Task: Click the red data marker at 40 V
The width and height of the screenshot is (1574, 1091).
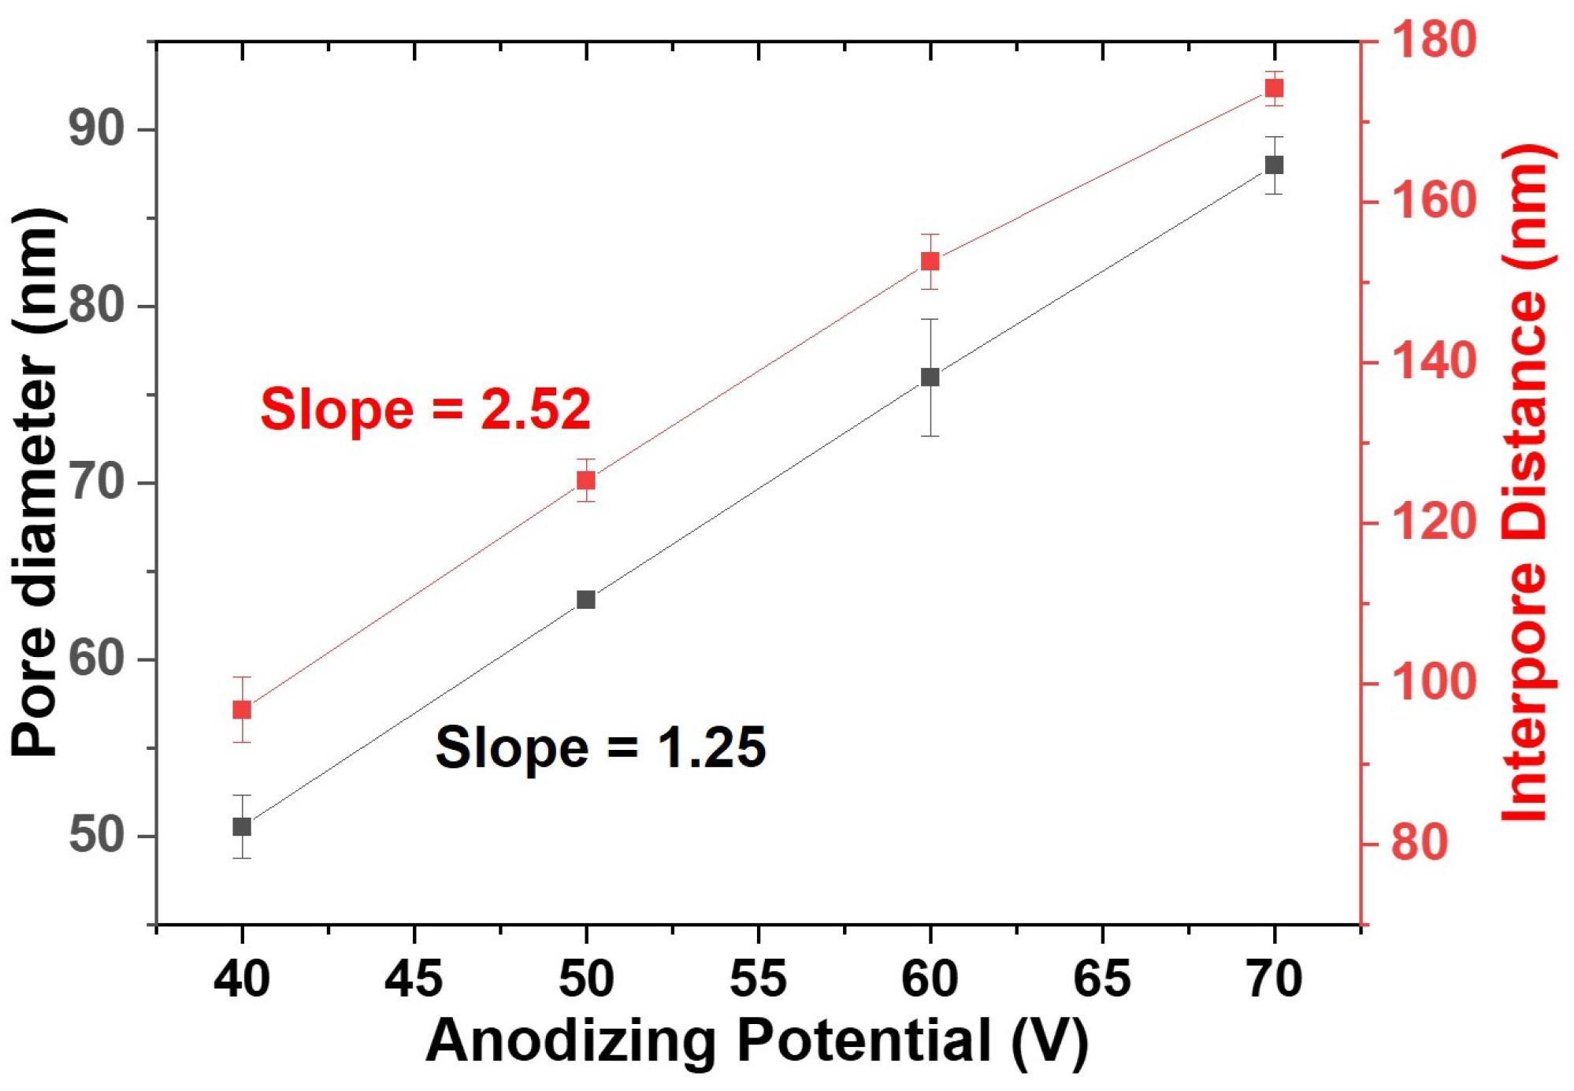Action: [x=242, y=710]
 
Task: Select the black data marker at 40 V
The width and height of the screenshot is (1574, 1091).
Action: [x=242, y=826]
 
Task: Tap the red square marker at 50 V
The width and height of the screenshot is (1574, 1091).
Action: [x=585, y=480]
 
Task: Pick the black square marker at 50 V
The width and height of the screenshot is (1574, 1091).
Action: [x=585, y=599]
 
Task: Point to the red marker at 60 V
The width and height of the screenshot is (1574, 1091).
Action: [x=930, y=261]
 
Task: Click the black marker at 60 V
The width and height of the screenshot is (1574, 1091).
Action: [x=930, y=377]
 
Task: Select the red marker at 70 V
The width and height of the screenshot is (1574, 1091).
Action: [x=1274, y=87]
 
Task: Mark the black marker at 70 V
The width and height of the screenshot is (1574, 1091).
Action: [x=1274, y=165]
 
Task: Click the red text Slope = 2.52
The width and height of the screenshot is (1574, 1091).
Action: [x=425, y=410]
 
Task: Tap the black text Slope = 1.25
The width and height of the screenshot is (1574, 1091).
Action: [x=600, y=748]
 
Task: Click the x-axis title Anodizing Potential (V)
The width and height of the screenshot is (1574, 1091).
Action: [x=756, y=1041]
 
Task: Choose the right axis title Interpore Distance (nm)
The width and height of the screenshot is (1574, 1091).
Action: [x=1527, y=482]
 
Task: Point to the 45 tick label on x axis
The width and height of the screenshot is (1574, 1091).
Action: [x=414, y=979]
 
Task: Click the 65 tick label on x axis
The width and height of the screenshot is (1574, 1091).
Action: [x=1101, y=979]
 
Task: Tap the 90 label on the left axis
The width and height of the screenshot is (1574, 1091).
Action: [x=97, y=128]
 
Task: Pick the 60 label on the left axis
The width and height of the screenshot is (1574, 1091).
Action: [x=97, y=659]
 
